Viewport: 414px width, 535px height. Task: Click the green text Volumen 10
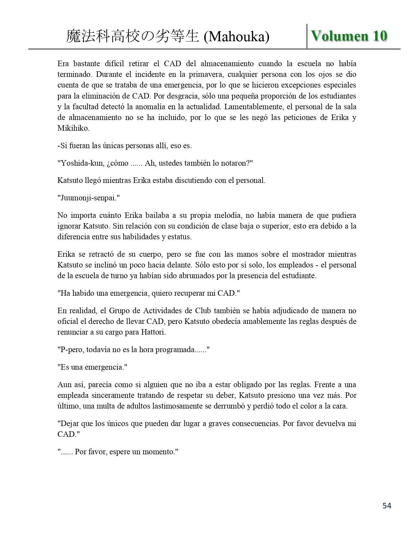pyautogui.click(x=349, y=36)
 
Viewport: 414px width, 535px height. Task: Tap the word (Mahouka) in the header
pyautogui.click(x=236, y=37)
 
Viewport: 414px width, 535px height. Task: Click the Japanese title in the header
pyautogui.click(x=132, y=37)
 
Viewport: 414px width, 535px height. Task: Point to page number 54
pyautogui.click(x=387, y=505)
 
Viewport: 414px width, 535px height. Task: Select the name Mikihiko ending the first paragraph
pyautogui.click(x=73, y=128)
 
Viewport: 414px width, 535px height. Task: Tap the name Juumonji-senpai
pyautogui.click(x=88, y=198)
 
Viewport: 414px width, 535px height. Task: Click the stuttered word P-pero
pyautogui.click(x=71, y=350)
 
